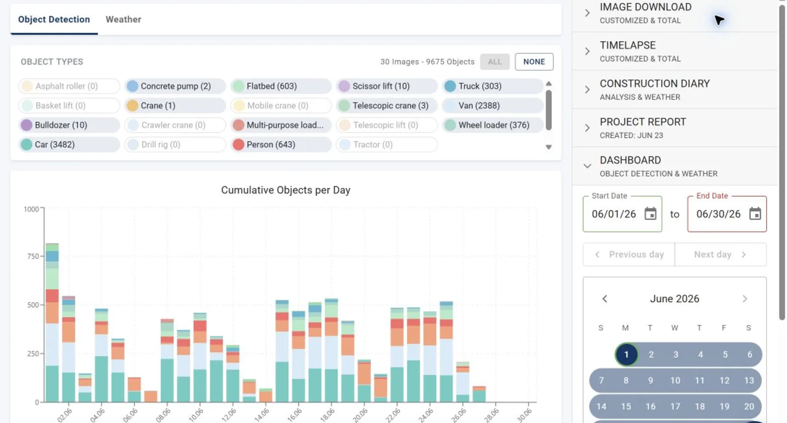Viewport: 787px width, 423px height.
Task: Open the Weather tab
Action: click(x=123, y=19)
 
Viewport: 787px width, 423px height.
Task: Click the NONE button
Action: click(x=534, y=62)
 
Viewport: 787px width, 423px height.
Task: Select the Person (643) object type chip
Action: click(x=281, y=144)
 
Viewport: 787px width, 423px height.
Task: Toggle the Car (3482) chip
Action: click(x=69, y=144)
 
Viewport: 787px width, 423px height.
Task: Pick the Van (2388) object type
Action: click(x=492, y=105)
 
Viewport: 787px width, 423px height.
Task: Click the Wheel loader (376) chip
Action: click(x=492, y=125)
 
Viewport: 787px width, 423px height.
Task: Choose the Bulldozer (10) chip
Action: click(x=69, y=125)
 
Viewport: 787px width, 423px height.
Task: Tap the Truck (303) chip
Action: click(x=492, y=86)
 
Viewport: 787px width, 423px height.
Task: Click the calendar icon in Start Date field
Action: click(x=650, y=214)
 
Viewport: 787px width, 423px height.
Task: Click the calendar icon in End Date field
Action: click(x=755, y=214)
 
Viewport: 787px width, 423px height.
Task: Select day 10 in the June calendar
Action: click(x=675, y=381)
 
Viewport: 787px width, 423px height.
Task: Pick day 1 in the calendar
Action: click(x=626, y=355)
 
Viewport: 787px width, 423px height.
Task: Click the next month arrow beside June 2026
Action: click(x=745, y=299)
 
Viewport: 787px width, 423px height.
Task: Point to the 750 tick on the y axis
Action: click(x=32, y=257)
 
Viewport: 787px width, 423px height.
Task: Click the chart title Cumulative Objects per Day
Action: click(x=286, y=190)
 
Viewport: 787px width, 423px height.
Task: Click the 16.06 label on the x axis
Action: click(x=295, y=415)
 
